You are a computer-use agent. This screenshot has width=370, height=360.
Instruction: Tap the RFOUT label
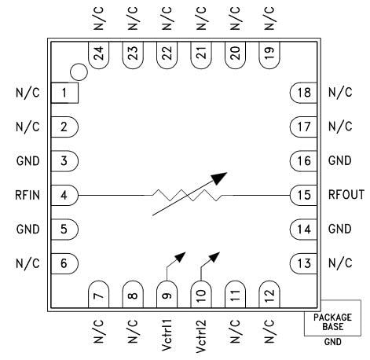pyautogui.click(x=346, y=193)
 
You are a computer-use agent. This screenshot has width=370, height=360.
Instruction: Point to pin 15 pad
pyautogui.click(x=303, y=193)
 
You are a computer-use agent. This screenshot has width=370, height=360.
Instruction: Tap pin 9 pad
pyautogui.click(x=166, y=295)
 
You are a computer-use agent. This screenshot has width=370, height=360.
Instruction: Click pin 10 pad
pyautogui.click(x=201, y=295)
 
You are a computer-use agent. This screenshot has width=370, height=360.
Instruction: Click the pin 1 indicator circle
pyautogui.click(x=77, y=72)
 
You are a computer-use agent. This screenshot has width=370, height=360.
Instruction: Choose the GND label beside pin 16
pyautogui.click(x=340, y=160)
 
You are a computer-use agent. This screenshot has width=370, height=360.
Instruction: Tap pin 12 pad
pyautogui.click(x=269, y=295)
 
